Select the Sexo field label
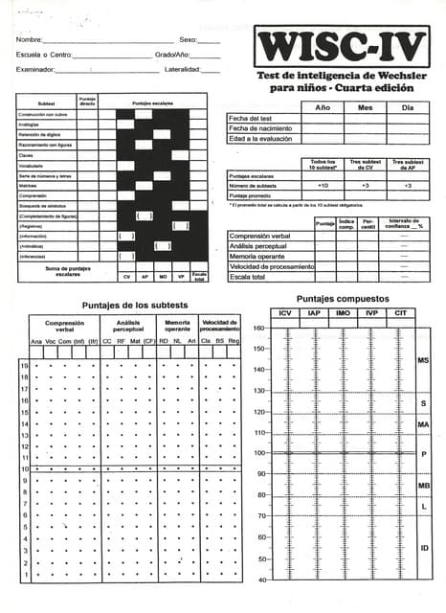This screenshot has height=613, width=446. pyautogui.click(x=189, y=40)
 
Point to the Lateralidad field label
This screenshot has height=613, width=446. pyautogui.click(x=183, y=70)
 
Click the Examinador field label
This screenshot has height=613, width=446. pyautogui.click(x=35, y=70)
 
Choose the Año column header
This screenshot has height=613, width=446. pyautogui.click(x=323, y=107)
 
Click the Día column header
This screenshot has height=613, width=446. pyautogui.click(x=408, y=107)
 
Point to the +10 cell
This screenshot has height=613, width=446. pyautogui.click(x=323, y=185)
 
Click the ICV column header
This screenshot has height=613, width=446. pyautogui.click(x=285, y=313)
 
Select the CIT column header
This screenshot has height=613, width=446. pyautogui.click(x=400, y=313)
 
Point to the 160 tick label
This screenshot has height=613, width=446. pyautogui.click(x=258, y=329)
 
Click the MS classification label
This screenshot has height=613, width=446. pyautogui.click(x=423, y=360)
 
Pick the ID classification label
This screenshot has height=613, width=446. pyautogui.click(x=423, y=547)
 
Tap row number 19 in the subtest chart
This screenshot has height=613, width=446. pyautogui.click(x=23, y=366)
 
